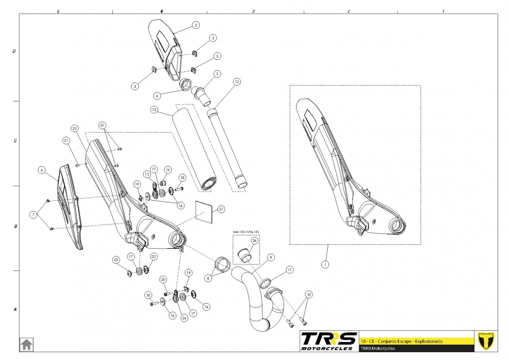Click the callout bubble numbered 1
325,265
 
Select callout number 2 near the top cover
196,25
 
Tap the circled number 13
154,109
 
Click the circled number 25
75,129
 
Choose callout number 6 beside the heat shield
42,170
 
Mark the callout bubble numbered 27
220,209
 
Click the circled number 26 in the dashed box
254,241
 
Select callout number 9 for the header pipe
271,258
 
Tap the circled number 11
290,270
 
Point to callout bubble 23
116,260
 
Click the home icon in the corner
26,343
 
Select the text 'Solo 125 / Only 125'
246,231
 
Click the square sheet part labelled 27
205,211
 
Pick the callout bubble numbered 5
216,74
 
